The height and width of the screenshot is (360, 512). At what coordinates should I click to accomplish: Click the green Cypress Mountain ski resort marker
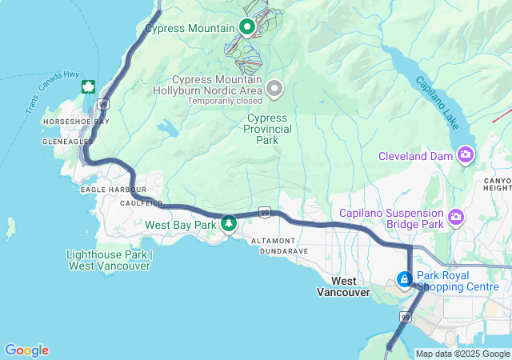click(247, 27)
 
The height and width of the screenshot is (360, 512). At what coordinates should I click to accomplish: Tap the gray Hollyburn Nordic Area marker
click(275, 88)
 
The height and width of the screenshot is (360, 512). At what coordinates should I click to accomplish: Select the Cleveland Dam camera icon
click(465, 155)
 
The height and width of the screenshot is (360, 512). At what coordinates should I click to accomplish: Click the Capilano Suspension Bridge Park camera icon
click(457, 216)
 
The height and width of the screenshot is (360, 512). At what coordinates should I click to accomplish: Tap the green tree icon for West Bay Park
click(229, 224)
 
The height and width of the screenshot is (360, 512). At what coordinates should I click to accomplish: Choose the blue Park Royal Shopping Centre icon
click(405, 279)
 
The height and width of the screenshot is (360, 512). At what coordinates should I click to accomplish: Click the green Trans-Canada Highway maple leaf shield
click(88, 86)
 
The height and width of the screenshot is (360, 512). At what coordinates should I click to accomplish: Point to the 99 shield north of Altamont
click(264, 213)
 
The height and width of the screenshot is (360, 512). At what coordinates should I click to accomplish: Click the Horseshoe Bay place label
click(76, 122)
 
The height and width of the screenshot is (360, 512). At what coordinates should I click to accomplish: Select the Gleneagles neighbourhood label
click(67, 141)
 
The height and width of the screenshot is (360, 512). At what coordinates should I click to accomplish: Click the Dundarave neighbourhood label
click(280, 250)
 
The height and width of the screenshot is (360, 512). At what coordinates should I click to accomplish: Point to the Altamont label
click(274, 240)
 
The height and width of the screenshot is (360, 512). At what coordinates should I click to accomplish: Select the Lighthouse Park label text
click(108, 260)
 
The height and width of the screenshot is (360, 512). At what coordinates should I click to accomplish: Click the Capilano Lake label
click(436, 104)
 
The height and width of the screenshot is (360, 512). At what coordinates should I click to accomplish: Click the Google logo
click(26, 350)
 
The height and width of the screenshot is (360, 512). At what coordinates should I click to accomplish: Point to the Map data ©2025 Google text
click(462, 354)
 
